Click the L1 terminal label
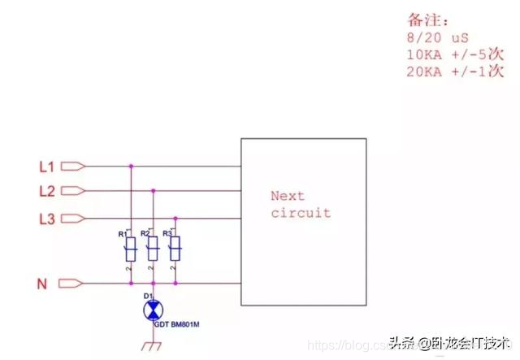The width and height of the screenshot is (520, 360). [x=46, y=167]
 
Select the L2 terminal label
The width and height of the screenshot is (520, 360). [x=46, y=192]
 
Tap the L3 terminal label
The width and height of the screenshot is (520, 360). [x=46, y=218]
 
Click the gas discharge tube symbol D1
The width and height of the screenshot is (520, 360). [x=152, y=310]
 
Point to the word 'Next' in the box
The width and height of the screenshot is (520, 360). [x=288, y=196]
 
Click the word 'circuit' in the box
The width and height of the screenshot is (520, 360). [x=301, y=213]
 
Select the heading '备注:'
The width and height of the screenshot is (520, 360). [x=426, y=20]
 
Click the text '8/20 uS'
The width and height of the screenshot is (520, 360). [x=438, y=37]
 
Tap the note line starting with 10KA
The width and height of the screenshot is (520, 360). [x=454, y=55]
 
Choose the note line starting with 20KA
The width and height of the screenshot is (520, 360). [x=454, y=72]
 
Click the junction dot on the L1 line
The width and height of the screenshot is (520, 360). [x=130, y=167]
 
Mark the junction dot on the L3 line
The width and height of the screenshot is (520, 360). [x=174, y=218]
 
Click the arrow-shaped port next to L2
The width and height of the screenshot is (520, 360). [x=72, y=192]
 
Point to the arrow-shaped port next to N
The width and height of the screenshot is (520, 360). [x=72, y=284]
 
